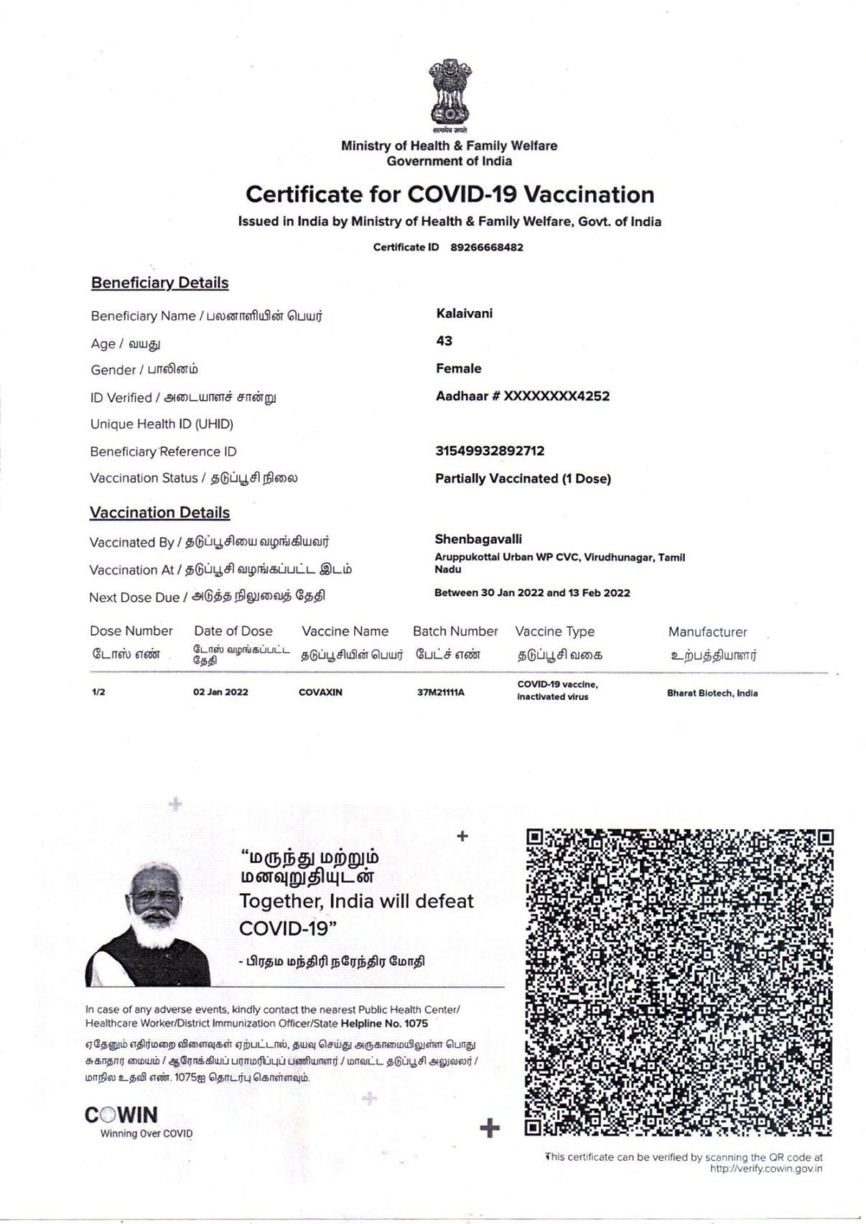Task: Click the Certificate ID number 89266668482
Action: pos(486,248)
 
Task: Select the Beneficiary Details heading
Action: pos(159,283)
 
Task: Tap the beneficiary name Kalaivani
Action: pos(464,314)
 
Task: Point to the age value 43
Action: pos(444,341)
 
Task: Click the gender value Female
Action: pos(458,368)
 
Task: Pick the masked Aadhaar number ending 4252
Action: pos(522,396)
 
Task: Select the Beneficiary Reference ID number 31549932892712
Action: pos(489,451)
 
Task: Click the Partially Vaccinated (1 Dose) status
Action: pos(522,479)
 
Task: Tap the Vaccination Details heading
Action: pos(159,513)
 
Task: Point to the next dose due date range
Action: pos(531,593)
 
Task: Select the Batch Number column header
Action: pos(455,632)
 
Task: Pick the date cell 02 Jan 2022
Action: pos(220,693)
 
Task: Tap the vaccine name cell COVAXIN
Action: pos(320,693)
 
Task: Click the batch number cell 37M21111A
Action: pos(440,693)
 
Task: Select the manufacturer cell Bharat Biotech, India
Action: pos(712,693)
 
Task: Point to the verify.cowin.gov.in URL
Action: pos(765,1169)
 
